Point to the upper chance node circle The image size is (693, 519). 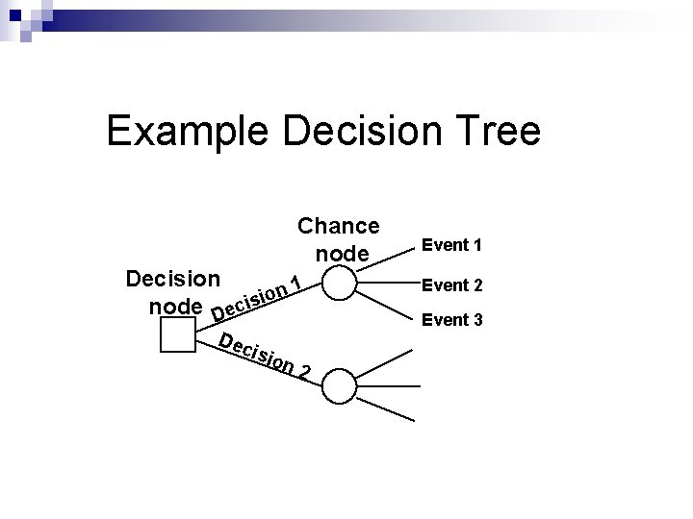coord(338,284)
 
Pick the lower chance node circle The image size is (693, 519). coord(338,386)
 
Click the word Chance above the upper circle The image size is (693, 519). coord(339,226)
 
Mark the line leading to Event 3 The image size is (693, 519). coord(385,301)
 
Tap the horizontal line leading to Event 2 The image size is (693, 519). coord(385,284)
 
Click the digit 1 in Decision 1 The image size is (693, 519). coord(298,283)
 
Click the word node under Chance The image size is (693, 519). coord(342,254)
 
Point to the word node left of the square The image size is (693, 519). coord(176,307)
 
